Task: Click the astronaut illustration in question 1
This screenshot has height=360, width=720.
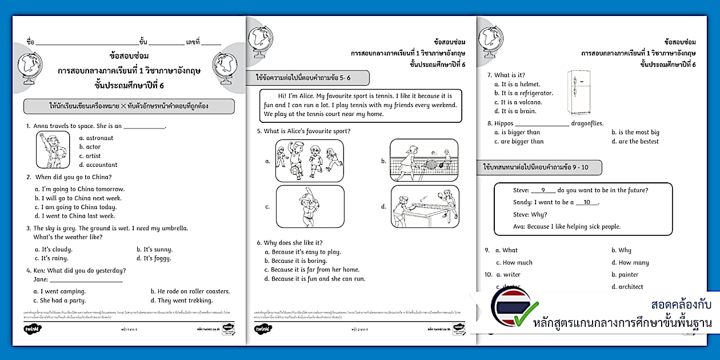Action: coord(53,150)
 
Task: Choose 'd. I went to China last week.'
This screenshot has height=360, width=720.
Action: coord(75,216)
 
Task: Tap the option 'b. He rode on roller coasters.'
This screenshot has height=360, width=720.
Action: coord(190,291)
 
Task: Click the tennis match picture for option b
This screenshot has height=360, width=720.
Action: coord(424,160)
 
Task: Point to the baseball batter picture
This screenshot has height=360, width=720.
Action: coord(310,206)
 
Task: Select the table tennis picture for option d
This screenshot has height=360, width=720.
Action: coord(424,206)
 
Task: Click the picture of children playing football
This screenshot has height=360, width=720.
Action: coord(310,161)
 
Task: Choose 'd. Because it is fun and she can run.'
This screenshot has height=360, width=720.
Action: coord(315,279)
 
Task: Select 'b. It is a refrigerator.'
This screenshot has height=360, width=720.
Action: coord(523,93)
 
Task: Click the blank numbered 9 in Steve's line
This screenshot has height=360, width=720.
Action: coord(543,191)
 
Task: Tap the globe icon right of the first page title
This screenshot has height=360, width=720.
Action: coord(222,67)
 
